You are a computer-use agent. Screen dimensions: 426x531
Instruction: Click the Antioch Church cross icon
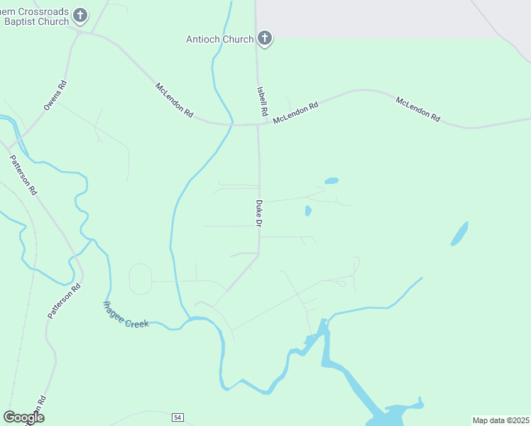(x=265, y=38)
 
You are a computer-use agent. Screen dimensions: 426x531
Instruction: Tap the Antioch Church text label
(x=219, y=39)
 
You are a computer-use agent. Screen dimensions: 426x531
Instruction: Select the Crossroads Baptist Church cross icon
(x=80, y=15)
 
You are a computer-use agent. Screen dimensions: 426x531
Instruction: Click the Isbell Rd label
(x=262, y=102)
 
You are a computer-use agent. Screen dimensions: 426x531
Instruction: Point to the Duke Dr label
(x=259, y=214)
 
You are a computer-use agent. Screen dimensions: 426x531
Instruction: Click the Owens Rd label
(x=55, y=94)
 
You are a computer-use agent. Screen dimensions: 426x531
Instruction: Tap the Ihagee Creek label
(x=126, y=315)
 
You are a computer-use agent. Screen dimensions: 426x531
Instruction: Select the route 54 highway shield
(x=177, y=416)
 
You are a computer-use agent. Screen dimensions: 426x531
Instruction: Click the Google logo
(x=23, y=417)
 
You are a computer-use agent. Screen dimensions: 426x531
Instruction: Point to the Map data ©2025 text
(x=501, y=420)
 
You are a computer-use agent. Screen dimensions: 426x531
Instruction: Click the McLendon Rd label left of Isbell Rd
(x=175, y=100)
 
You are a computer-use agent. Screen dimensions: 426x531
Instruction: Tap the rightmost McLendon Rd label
(x=418, y=110)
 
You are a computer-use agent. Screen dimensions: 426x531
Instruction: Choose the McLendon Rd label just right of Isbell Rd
(x=295, y=113)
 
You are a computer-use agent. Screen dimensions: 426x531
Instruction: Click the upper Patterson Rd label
(x=23, y=175)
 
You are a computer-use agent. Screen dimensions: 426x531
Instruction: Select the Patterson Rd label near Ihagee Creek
(x=65, y=301)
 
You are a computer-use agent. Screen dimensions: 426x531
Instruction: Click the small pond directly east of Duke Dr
(x=308, y=211)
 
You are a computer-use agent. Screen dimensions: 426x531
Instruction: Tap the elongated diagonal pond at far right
(x=460, y=234)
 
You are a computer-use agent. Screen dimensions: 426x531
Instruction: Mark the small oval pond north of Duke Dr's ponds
(x=332, y=181)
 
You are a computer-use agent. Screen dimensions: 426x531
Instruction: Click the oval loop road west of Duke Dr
(x=141, y=279)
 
